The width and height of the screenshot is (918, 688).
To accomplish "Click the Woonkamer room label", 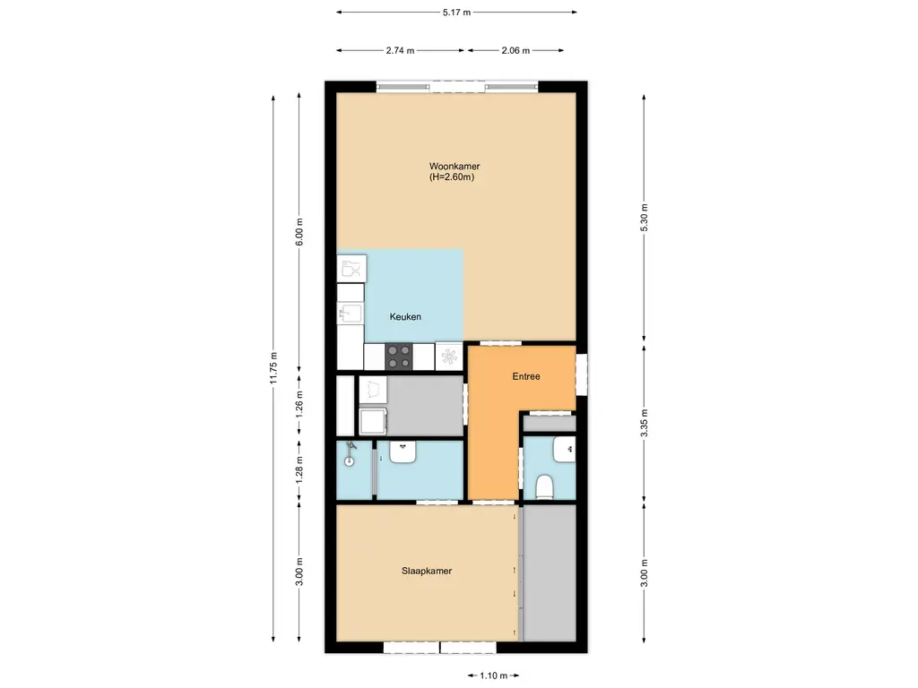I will click(455, 166).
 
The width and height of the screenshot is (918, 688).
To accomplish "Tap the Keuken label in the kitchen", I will click(405, 316).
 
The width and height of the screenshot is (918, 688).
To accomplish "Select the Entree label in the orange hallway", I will click(526, 376).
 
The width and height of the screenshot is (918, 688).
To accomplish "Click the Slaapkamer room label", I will click(426, 570).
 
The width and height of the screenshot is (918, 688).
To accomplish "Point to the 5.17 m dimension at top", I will click(456, 13).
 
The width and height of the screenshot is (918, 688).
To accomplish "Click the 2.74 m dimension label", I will click(400, 51).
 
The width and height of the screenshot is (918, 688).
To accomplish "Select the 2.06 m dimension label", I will click(515, 51).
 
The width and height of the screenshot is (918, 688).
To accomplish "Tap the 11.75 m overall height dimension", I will click(273, 368).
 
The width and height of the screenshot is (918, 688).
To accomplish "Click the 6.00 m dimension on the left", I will click(301, 234).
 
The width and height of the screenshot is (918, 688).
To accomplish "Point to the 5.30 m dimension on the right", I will click(644, 218).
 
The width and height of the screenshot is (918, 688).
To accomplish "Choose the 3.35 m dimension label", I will click(644, 423).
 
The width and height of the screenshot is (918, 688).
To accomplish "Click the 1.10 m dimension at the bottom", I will click(493, 675).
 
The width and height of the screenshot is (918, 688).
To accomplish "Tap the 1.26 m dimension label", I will click(301, 404).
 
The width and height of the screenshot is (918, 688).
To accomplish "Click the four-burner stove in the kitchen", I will click(399, 357).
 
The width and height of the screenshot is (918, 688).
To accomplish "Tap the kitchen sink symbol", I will click(351, 314).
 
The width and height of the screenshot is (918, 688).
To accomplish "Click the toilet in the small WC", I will click(543, 486).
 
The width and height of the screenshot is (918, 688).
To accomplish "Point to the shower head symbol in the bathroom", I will click(351, 445).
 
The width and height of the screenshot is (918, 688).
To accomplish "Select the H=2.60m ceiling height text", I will click(452, 177).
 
